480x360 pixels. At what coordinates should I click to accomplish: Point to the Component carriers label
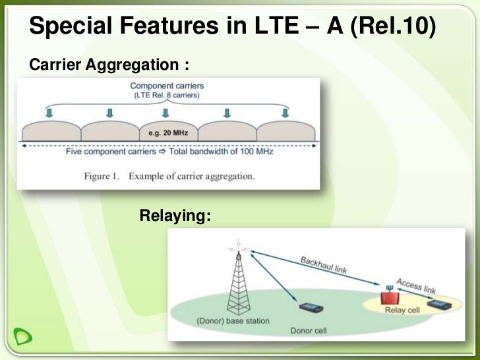pyautogui.click(x=167, y=86)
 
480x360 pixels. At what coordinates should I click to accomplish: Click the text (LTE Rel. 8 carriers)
pyautogui.click(x=167, y=95)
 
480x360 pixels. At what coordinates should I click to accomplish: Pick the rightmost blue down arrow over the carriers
pyautogui.click(x=285, y=113)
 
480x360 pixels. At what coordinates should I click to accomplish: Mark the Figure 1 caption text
pyautogui.click(x=169, y=176)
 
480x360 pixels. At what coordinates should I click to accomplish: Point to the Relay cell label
pyautogui.click(x=402, y=310)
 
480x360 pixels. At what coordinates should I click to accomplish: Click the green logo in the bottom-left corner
pyautogui.click(x=23, y=338)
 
